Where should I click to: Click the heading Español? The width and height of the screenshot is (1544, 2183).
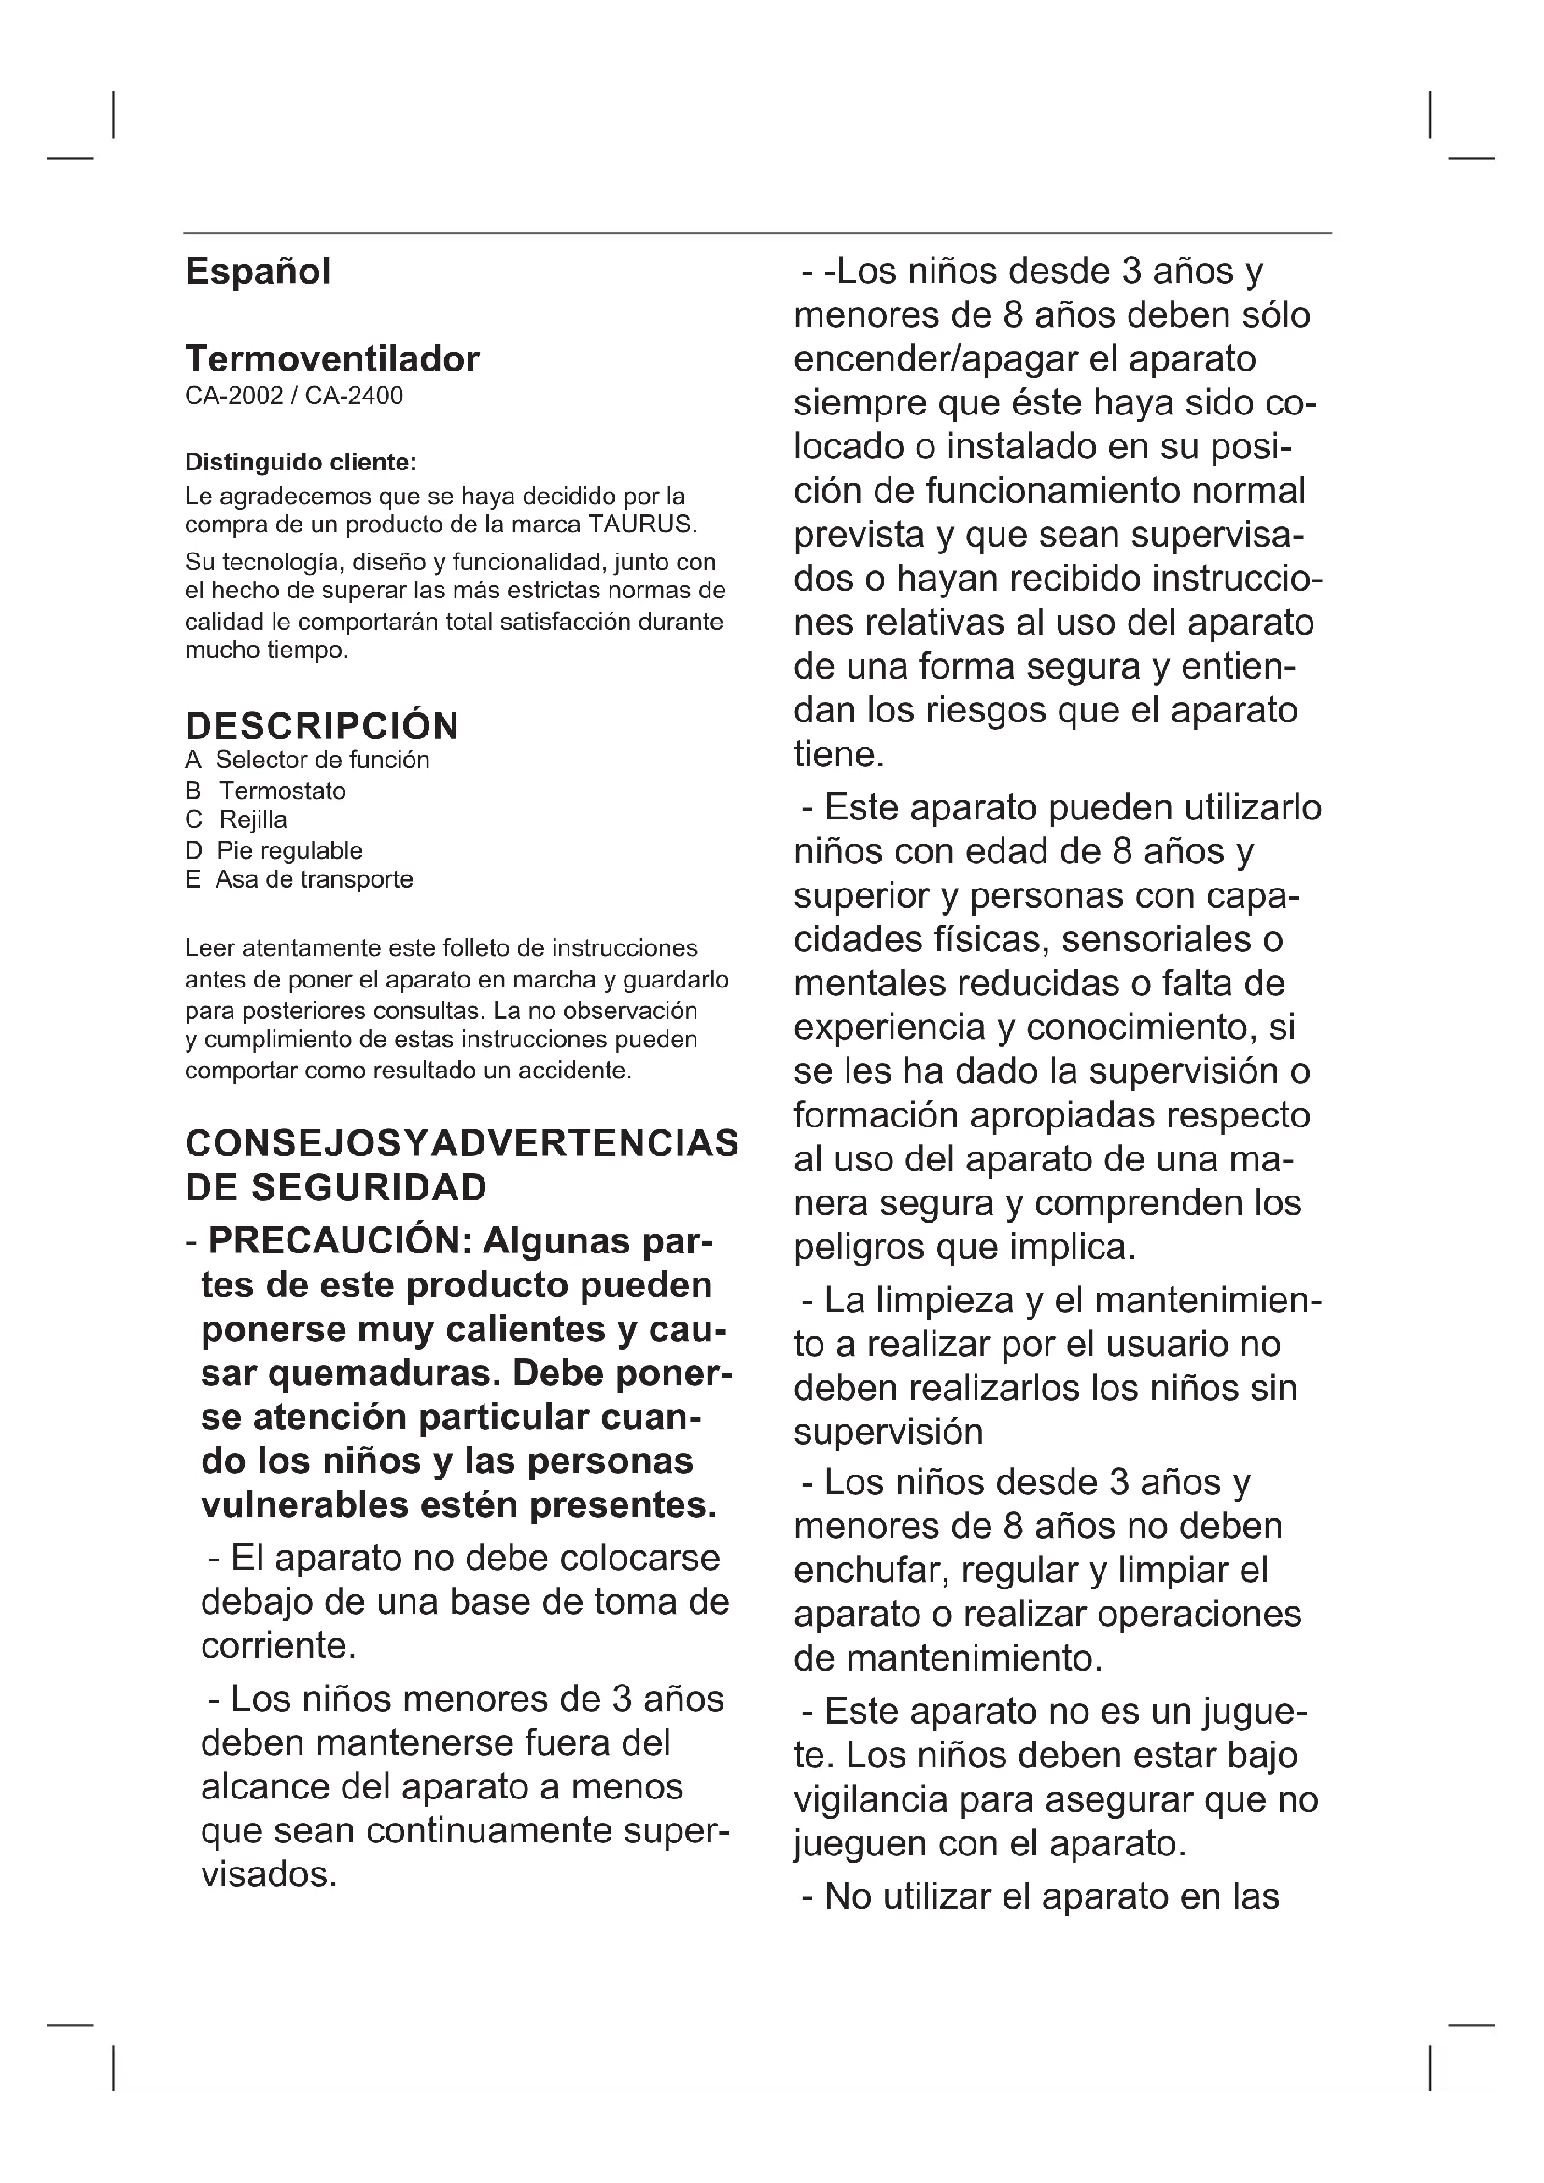click(x=258, y=272)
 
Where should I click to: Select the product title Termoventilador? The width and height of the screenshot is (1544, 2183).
click(x=331, y=359)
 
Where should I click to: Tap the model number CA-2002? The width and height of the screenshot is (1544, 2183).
click(x=234, y=396)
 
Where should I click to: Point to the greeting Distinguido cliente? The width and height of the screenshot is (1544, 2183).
click(x=301, y=463)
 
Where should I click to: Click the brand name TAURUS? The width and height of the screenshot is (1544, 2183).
click(x=641, y=525)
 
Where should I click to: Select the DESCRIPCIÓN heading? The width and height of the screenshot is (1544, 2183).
click(x=321, y=726)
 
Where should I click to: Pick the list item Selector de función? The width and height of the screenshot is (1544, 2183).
click(x=322, y=761)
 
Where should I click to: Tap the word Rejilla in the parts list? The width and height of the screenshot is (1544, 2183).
click(x=253, y=820)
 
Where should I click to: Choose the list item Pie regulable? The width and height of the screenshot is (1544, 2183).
click(x=290, y=851)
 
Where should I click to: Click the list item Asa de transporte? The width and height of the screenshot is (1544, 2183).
click(x=314, y=879)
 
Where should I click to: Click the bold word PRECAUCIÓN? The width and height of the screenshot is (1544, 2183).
click(x=340, y=1241)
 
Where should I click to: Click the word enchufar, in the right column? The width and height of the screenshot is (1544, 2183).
click(x=871, y=1570)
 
